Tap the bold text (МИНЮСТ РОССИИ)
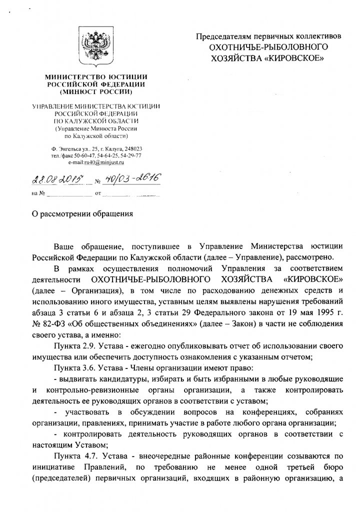(95, 92)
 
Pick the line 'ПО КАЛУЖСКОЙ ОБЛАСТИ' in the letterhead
(95, 121)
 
